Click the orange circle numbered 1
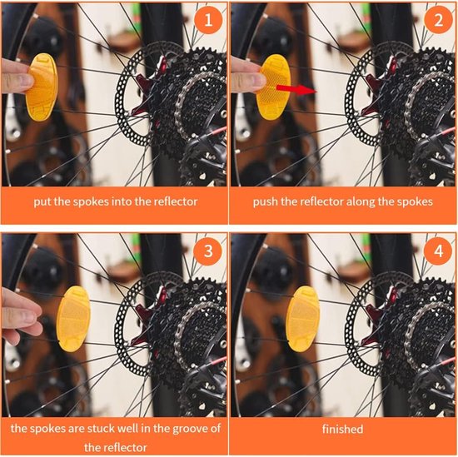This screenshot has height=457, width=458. [208, 20]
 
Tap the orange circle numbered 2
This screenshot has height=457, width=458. [438, 20]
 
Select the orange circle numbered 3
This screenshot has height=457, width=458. [208, 251]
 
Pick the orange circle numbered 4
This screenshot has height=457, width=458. [438, 251]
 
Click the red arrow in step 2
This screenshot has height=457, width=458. [296, 89]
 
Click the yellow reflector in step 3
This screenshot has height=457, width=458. [73, 319]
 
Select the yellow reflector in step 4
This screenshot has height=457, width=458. [303, 319]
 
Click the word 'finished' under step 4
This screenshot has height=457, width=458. [342, 429]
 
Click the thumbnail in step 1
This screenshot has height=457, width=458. [114, 94]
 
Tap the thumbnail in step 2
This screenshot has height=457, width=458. [343, 94]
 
